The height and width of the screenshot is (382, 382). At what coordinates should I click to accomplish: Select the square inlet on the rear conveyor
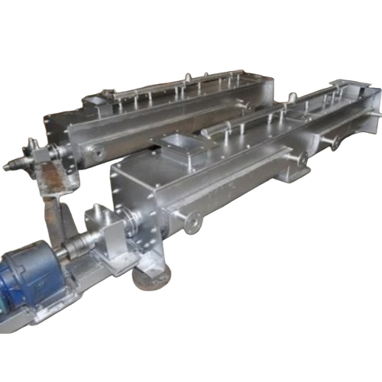coord(98,100)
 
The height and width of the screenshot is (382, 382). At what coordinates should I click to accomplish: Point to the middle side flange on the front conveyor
coord(299,159)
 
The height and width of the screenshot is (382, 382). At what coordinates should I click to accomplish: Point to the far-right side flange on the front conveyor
coord(334,142)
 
